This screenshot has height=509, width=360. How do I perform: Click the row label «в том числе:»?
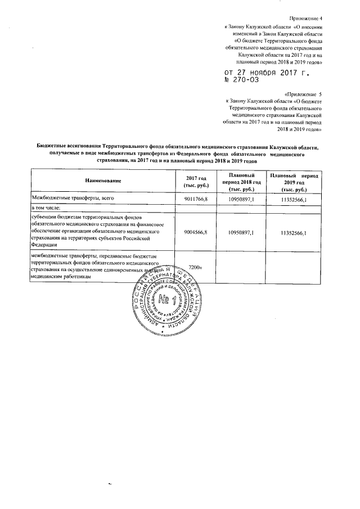click(x=47, y=209)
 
